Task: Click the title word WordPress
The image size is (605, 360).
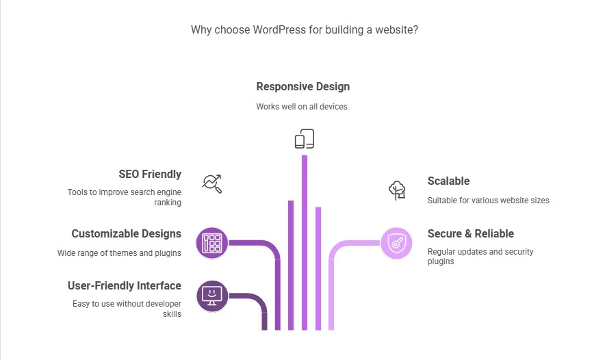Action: tap(279, 29)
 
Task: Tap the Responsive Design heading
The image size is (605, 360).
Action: tap(303, 87)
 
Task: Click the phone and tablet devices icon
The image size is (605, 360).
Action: tap(305, 139)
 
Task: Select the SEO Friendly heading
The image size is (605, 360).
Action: tap(150, 175)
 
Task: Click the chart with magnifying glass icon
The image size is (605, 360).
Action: tap(212, 183)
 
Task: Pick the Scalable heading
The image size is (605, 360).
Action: tap(448, 181)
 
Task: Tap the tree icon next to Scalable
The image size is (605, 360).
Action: tap(397, 190)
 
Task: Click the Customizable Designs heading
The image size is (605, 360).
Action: tap(126, 234)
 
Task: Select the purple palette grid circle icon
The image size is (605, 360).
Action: tap(212, 243)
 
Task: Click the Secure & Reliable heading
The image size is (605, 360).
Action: tap(471, 234)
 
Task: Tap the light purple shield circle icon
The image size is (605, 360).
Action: tap(396, 243)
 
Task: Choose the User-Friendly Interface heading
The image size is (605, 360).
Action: tap(125, 285)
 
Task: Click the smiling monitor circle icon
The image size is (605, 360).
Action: tap(212, 296)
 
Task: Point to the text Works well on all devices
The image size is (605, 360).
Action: tap(302, 107)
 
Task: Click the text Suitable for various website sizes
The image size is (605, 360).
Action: tap(489, 201)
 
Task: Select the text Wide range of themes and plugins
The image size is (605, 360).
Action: tap(119, 253)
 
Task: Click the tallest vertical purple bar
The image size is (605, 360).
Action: tap(305, 243)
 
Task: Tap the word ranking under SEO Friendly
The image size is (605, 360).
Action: tap(168, 203)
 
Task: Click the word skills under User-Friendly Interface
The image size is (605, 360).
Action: tap(172, 314)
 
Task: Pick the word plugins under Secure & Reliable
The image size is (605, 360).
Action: tap(441, 261)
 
